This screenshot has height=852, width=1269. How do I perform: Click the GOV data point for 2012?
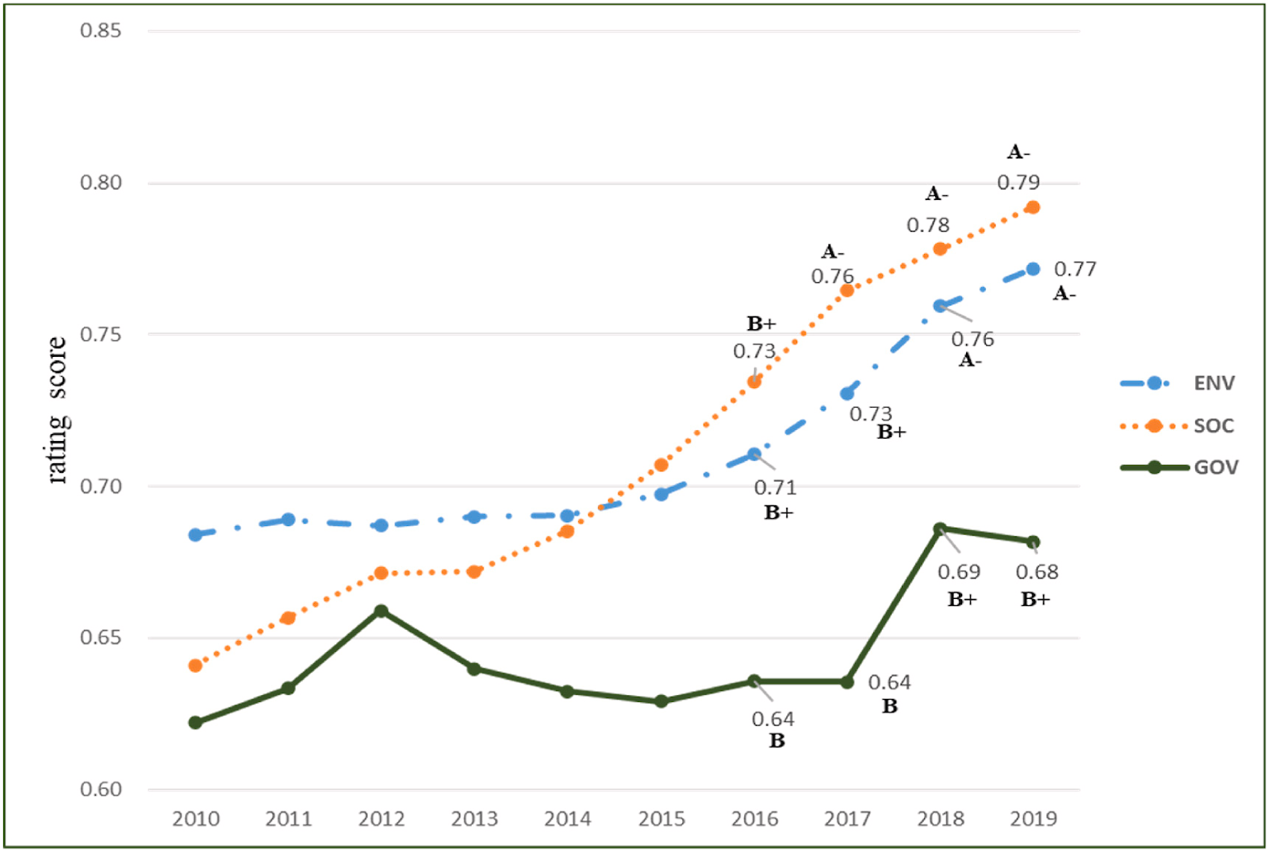[381, 611]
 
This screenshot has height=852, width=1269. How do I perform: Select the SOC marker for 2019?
[1033, 207]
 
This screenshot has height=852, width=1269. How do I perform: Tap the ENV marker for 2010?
[195, 535]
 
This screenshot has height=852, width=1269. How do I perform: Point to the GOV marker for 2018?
[940, 529]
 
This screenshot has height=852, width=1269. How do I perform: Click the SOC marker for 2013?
[474, 572]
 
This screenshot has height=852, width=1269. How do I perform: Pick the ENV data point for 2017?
[847, 393]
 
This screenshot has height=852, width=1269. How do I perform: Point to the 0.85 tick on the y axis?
[101, 30]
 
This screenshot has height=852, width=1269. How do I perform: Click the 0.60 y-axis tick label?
[101, 789]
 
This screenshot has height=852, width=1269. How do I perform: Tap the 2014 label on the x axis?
[567, 819]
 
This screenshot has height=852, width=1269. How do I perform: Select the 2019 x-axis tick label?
[1033, 819]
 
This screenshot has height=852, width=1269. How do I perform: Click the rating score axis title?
[57, 410]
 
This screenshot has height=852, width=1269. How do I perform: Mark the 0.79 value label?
[1018, 182]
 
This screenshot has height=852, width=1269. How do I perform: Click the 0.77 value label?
[1075, 270]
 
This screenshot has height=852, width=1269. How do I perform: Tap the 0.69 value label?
[959, 572]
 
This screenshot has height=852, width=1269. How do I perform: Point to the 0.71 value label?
[775, 487]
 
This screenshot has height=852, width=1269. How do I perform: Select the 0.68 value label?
[1037, 572]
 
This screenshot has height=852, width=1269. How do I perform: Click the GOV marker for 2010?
[195, 723]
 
